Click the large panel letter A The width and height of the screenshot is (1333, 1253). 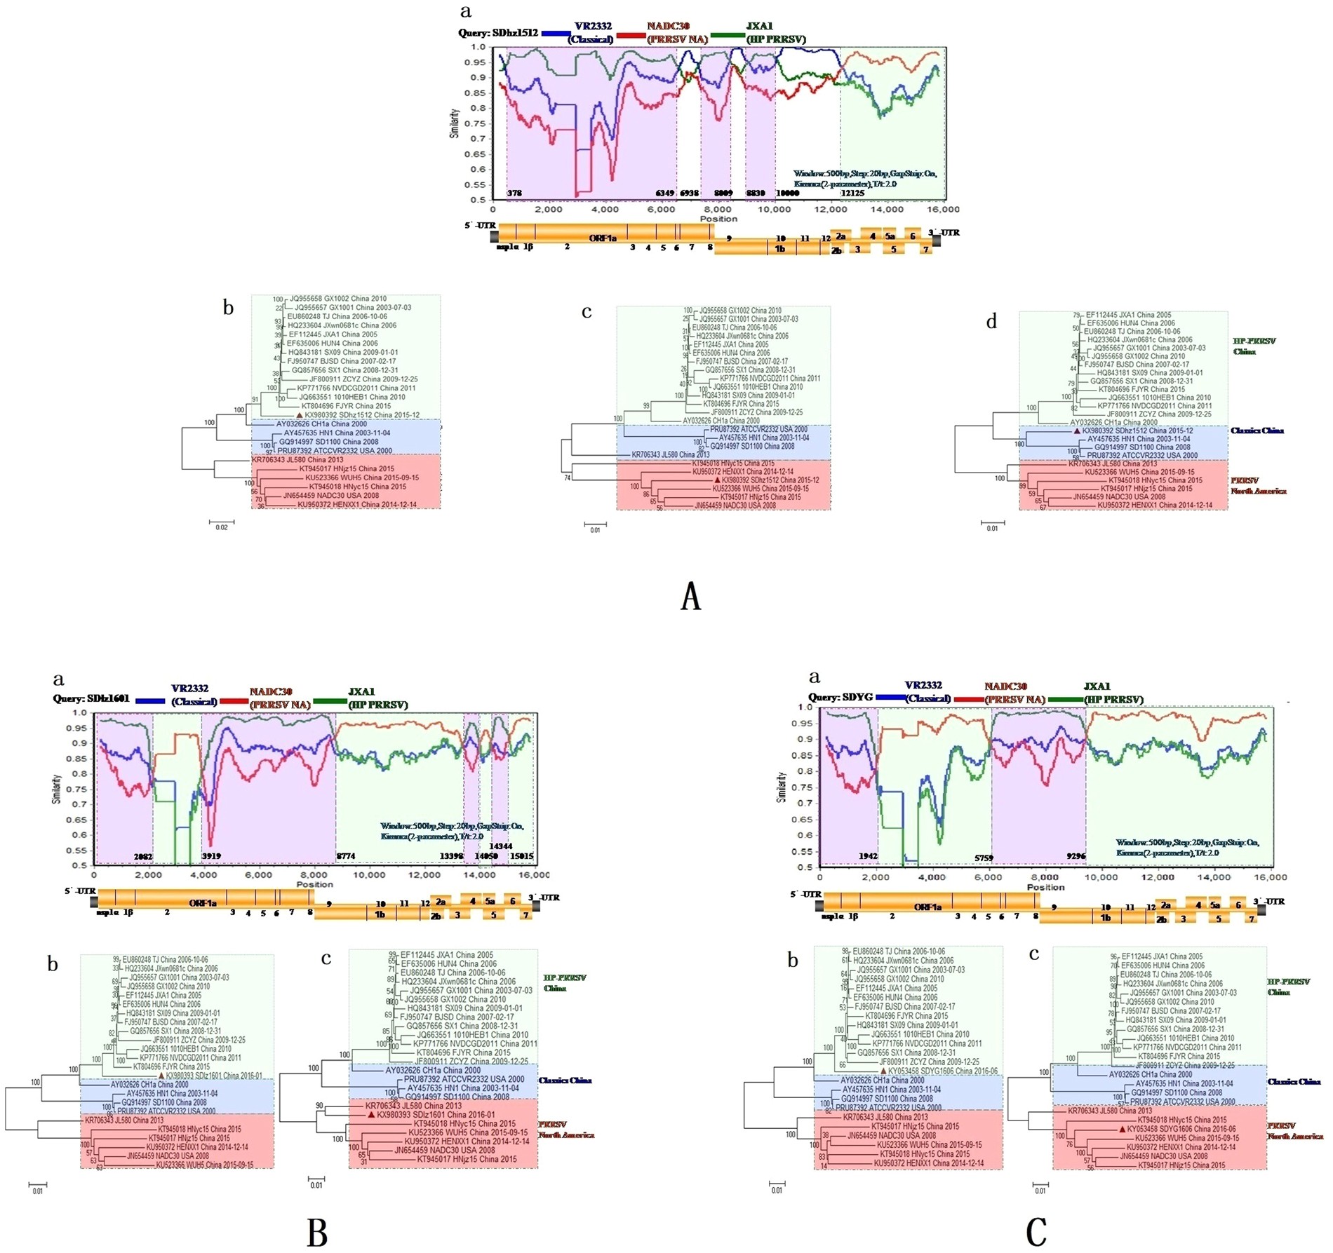(690, 597)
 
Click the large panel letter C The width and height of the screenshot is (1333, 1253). (1036, 1231)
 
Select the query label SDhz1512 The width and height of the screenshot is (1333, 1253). (498, 33)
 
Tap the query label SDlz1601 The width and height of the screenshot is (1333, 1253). (93, 699)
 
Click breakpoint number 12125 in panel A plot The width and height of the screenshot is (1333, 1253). (852, 193)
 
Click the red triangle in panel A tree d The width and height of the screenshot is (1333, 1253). (1077, 431)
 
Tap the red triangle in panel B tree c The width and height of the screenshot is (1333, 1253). (371, 1114)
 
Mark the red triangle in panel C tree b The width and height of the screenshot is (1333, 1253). (883, 1071)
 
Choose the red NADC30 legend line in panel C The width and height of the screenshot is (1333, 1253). (969, 699)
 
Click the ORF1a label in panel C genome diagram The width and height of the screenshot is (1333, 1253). (927, 907)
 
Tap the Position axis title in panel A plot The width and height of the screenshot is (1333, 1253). (718, 219)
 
